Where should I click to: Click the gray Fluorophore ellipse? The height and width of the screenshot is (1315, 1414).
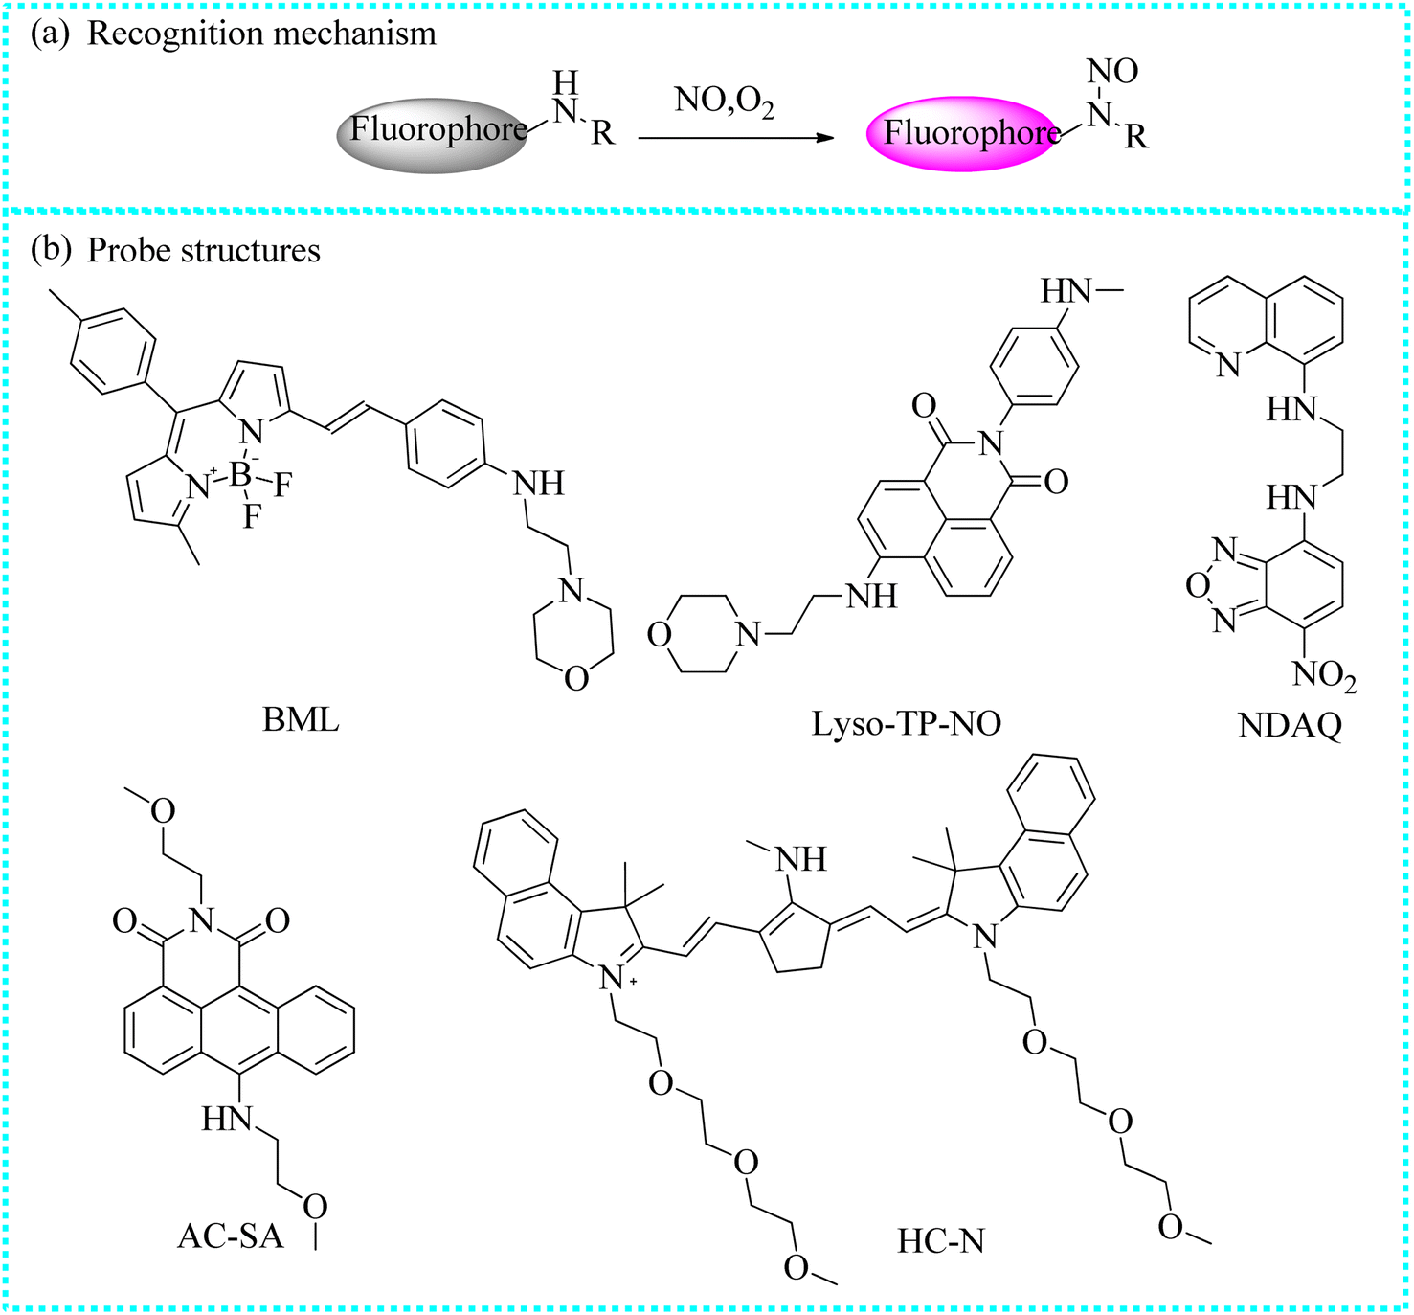[432, 135]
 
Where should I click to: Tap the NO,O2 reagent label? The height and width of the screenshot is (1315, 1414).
[724, 104]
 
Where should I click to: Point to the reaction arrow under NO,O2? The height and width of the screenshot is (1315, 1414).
[735, 138]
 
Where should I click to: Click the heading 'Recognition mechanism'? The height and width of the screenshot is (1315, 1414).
[261, 34]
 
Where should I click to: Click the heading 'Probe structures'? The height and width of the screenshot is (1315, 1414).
[204, 251]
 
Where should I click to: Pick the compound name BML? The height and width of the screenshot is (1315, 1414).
[301, 721]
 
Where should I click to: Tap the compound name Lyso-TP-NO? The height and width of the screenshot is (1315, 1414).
[907, 724]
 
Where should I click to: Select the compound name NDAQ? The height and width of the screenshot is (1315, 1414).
[1291, 726]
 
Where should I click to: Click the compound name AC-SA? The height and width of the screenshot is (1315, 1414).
[231, 1236]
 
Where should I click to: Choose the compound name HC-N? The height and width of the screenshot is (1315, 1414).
[940, 1241]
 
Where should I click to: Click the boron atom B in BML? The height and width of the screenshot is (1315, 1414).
[240, 474]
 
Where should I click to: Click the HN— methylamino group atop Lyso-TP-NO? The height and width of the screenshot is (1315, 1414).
[1081, 290]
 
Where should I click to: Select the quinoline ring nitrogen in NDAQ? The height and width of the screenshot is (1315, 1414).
[1228, 364]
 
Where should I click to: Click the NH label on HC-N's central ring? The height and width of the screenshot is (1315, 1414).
[801, 860]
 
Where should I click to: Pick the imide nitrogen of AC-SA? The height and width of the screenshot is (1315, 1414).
[202, 920]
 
